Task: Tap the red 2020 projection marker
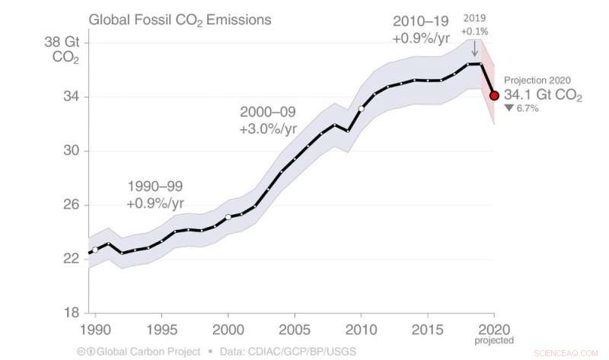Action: tap(494, 96)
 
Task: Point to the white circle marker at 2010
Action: tap(362, 109)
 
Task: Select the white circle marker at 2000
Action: tap(228, 217)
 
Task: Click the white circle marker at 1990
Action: tap(95, 250)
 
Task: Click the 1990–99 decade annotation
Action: tap(155, 186)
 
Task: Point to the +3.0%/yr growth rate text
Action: tap(267, 129)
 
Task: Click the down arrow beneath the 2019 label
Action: tap(474, 49)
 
